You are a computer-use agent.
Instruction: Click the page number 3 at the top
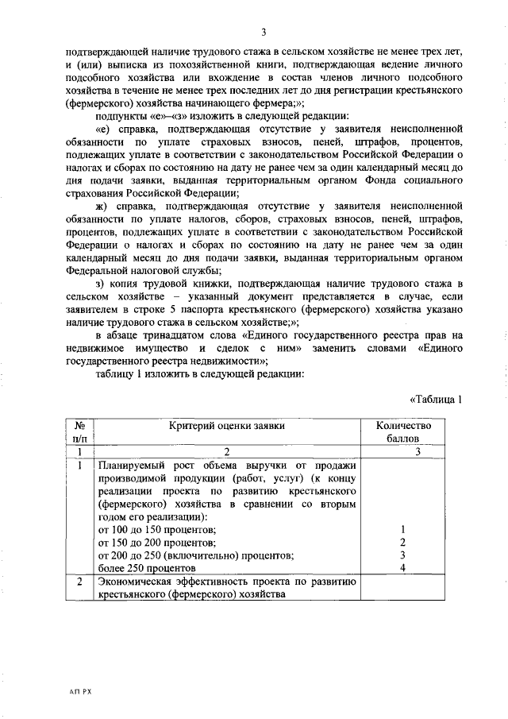point(261,32)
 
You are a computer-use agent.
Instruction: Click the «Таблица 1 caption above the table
point(435,399)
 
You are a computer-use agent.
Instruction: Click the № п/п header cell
point(80,433)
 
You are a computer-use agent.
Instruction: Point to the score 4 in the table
point(403,568)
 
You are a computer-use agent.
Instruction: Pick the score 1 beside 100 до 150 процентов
point(403,528)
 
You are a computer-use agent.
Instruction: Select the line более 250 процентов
point(146,569)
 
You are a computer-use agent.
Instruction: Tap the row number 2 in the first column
point(80,582)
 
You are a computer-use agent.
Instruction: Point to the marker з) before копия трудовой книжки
point(99,283)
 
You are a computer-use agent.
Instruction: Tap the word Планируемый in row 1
point(130,465)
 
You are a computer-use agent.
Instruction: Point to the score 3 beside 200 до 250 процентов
point(403,555)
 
